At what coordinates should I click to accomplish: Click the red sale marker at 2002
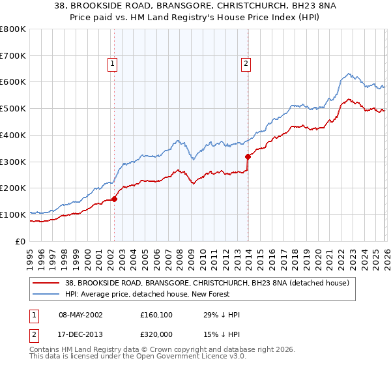(114, 199)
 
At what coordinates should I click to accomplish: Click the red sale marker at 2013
(248, 156)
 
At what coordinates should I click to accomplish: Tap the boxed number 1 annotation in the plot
(113, 64)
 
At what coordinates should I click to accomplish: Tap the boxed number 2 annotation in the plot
(246, 64)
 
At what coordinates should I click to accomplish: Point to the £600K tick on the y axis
(14, 82)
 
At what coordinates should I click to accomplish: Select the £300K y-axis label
(14, 162)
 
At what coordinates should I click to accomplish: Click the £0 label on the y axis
(21, 241)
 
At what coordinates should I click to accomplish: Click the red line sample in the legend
(46, 283)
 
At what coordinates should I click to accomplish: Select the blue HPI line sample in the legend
(46, 294)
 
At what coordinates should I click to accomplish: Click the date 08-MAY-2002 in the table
(78, 314)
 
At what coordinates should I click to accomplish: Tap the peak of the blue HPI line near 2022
(349, 74)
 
